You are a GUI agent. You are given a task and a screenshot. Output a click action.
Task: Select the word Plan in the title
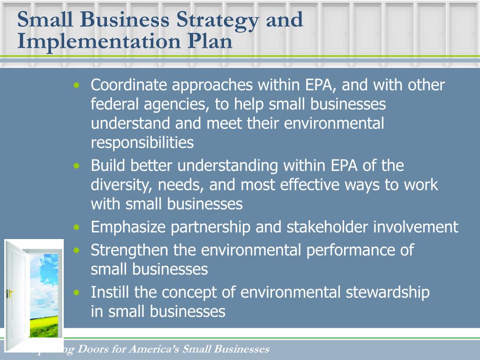210,41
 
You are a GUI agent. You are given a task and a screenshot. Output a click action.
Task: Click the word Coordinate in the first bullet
128,85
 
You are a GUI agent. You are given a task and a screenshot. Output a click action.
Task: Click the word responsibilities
142,142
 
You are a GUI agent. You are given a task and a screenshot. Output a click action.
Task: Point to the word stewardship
388,292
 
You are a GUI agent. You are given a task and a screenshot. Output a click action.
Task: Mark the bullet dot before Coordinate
77,86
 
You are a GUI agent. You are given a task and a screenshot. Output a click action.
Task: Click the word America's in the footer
154,349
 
